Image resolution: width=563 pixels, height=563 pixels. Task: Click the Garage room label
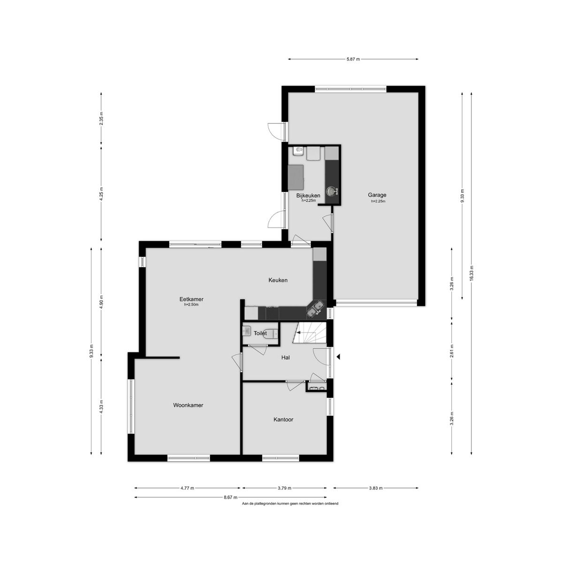377,195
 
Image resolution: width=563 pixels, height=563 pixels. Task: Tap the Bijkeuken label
308,196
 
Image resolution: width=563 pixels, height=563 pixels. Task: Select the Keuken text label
278,280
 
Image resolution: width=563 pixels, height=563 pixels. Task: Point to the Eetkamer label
191,299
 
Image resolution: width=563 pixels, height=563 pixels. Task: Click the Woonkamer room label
188,405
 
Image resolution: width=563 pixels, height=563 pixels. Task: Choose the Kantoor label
283,419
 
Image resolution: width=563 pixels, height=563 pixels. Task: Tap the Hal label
285,358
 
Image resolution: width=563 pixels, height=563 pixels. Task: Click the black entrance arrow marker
338,357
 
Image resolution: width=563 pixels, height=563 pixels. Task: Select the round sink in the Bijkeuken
331,191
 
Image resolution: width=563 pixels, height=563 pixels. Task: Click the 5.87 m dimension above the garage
353,59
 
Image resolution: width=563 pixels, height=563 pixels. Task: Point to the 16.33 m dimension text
472,273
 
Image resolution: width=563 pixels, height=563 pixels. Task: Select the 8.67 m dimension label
230,497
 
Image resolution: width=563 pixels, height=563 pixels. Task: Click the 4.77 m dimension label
187,488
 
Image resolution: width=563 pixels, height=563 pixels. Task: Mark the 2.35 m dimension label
101,119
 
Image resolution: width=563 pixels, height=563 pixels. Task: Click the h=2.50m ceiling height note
191,305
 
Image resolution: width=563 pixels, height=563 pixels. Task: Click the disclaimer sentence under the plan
290,504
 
